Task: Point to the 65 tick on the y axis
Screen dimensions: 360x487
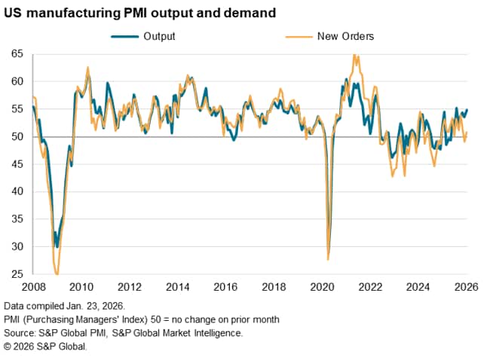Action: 17,54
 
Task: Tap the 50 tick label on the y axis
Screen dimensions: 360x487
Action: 17,137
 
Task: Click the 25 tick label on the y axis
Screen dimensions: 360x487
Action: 17,275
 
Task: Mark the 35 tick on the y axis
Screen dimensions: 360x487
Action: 17,219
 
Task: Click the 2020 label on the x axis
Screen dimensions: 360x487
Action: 323,286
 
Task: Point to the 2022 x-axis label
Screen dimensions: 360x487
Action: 371,286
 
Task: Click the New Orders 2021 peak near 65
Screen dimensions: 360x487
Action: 355,56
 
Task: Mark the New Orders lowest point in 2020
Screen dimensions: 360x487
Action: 328,259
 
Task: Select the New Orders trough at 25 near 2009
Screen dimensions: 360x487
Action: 57,274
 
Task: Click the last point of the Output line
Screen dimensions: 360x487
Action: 467,110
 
